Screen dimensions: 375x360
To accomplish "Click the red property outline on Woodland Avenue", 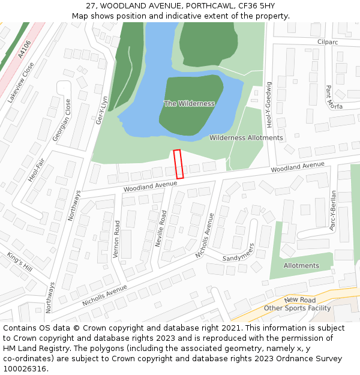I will pyautogui.click(x=178, y=164).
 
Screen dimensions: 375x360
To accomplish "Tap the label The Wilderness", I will pyautogui.click(x=189, y=104).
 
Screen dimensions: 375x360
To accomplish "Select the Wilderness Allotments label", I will pyautogui.click(x=246, y=138).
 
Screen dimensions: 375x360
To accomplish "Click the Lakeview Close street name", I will pyautogui.click(x=21, y=82).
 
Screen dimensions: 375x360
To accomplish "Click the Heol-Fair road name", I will pyautogui.click(x=37, y=170).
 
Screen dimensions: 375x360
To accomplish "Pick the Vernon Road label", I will pyautogui.click(x=116, y=239).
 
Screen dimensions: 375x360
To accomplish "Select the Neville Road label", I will pyautogui.click(x=160, y=230).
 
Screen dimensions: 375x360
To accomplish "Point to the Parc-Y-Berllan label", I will pyautogui.click(x=332, y=211).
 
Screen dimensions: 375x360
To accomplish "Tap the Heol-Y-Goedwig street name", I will pyautogui.click(x=269, y=105).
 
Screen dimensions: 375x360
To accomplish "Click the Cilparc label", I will pyautogui.click(x=329, y=42).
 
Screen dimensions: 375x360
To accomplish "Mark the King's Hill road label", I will pyautogui.click(x=19, y=262).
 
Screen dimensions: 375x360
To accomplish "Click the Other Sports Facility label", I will pyautogui.click(x=298, y=308).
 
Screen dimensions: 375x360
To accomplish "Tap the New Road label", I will pyautogui.click(x=300, y=299).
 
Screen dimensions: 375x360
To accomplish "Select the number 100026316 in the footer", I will pyautogui.click(x=26, y=369).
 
